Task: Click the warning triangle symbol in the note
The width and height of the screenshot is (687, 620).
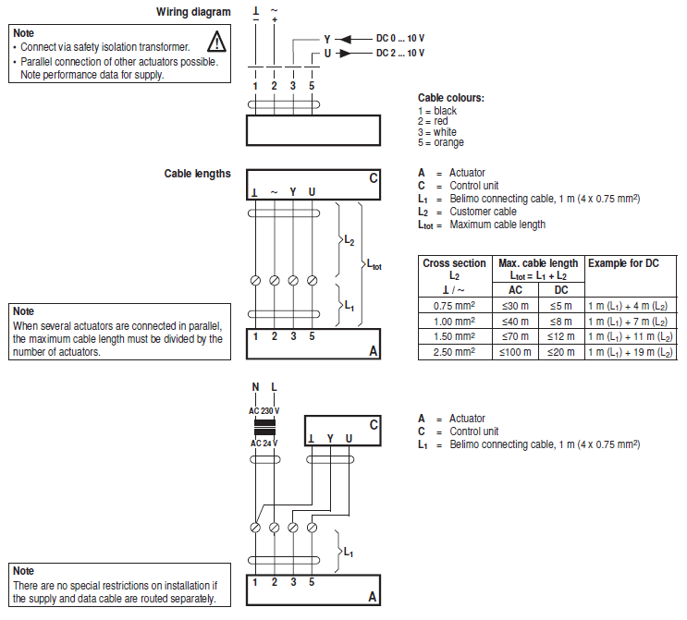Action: click(216, 41)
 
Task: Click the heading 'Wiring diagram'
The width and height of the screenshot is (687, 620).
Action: click(193, 12)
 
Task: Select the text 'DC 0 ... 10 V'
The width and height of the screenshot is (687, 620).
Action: click(400, 39)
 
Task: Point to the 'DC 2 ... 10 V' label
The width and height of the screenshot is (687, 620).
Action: click(400, 54)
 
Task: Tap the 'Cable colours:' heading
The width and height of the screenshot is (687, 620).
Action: click(451, 98)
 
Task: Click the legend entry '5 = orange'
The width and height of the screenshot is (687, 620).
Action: click(441, 142)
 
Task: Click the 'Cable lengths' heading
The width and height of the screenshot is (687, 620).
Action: click(197, 173)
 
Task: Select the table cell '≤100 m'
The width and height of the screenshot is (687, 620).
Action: click(516, 352)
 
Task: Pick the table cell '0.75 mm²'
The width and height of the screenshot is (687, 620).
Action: click(454, 306)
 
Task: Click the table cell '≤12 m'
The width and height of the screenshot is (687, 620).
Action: click(561, 336)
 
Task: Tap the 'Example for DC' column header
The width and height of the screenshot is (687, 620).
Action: click(623, 263)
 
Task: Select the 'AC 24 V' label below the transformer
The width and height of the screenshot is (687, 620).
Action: click(264, 444)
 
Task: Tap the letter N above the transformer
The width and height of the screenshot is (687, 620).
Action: click(255, 387)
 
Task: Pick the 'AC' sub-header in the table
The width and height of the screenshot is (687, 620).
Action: click(516, 290)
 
